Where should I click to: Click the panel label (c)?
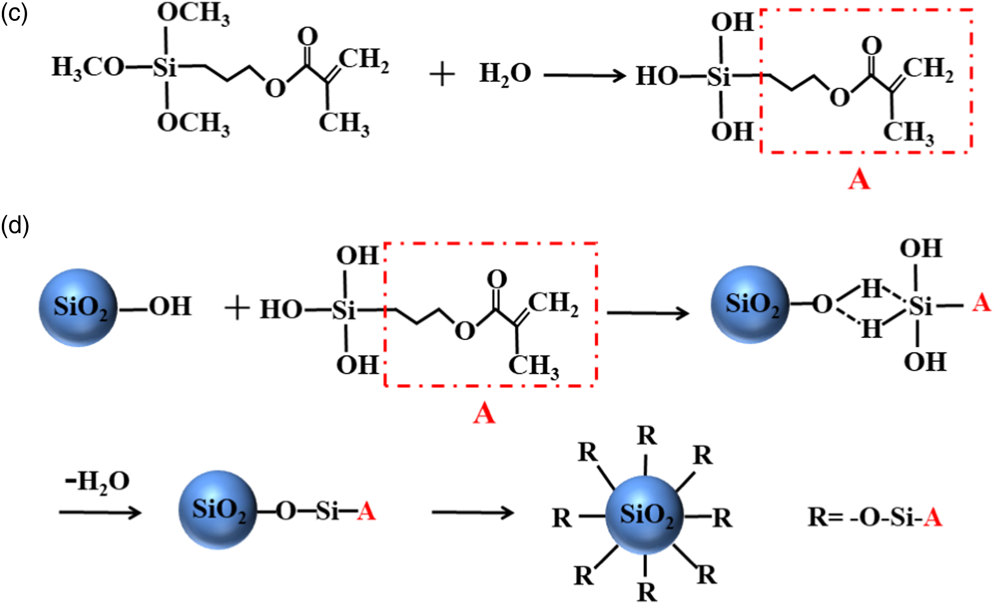[14, 14]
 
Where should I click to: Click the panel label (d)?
[15, 226]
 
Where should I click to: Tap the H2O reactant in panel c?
[505, 75]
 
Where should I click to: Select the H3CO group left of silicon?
[88, 68]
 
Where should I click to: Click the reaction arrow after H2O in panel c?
[585, 75]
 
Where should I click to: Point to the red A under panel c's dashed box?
[859, 180]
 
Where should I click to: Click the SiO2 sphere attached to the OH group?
[78, 308]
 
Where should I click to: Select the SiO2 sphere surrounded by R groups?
[645, 515]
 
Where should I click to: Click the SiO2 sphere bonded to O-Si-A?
[218, 510]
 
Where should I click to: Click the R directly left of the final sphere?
[562, 518]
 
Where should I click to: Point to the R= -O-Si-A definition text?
[875, 517]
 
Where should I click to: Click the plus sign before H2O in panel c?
[442, 75]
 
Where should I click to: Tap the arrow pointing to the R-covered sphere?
[473, 513]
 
